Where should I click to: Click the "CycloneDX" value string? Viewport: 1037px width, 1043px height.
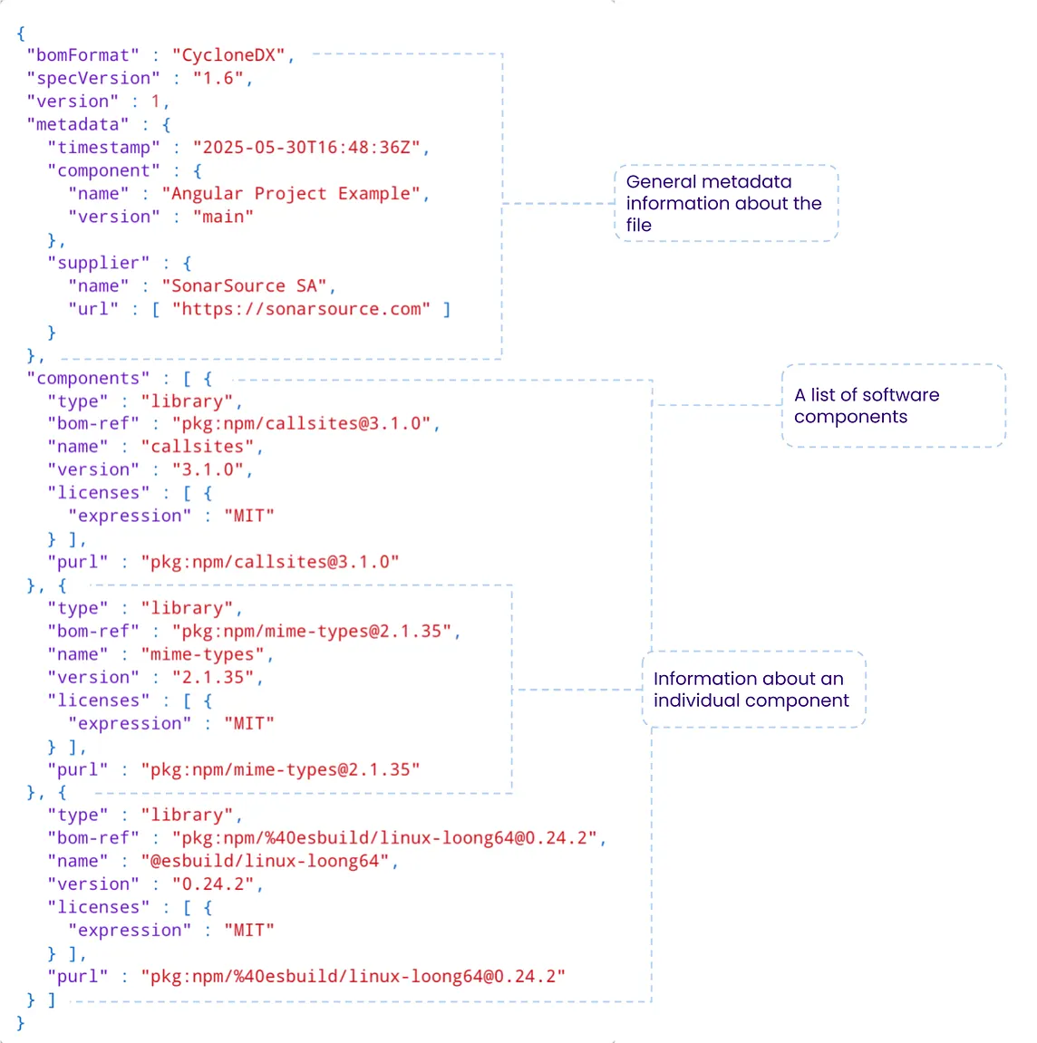click(228, 55)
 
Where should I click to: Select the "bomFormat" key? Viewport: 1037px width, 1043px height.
click(83, 55)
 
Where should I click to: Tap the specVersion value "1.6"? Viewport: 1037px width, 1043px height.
click(218, 79)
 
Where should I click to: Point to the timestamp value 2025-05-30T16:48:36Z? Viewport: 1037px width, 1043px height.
click(306, 148)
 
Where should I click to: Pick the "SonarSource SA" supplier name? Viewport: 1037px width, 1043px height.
click(244, 286)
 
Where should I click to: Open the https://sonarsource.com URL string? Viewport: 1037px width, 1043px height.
click(301, 309)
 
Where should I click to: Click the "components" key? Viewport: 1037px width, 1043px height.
click(88, 379)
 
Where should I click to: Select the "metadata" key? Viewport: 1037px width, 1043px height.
click(78, 124)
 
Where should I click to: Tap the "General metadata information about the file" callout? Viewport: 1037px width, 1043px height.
click(725, 203)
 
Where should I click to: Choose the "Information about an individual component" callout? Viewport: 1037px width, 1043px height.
click(752, 690)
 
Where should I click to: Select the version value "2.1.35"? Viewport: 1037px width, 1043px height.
click(213, 678)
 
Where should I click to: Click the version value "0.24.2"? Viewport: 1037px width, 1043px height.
click(213, 884)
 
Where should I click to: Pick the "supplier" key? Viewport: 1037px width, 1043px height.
click(99, 263)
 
